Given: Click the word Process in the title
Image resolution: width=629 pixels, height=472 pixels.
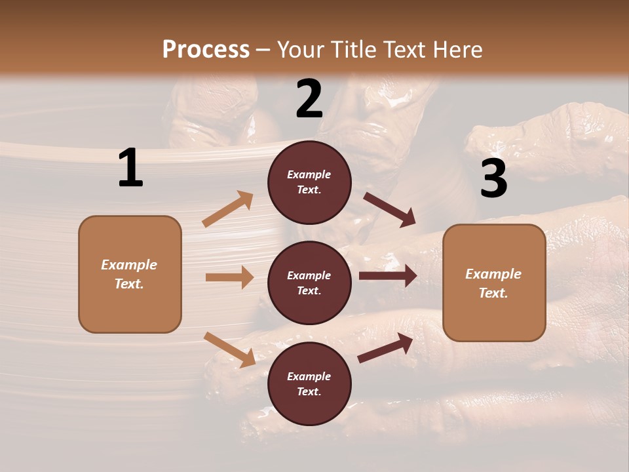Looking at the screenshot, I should (x=206, y=49).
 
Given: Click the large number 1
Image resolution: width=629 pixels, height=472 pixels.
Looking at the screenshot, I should (x=130, y=168).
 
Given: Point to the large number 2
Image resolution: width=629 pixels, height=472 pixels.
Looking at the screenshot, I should (x=309, y=99).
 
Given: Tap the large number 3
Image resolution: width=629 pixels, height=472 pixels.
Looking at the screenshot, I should (x=494, y=178).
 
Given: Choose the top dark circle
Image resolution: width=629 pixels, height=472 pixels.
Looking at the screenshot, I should (x=309, y=182).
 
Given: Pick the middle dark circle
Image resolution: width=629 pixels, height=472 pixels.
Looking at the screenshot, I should (x=309, y=283).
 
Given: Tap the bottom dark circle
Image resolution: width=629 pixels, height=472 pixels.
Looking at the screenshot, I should (x=309, y=383).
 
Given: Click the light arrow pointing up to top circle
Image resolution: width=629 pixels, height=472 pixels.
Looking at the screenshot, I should (x=228, y=209).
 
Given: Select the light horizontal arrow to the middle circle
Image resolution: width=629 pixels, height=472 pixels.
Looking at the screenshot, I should (x=229, y=277).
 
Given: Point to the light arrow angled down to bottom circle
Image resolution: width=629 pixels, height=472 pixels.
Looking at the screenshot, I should (x=229, y=349).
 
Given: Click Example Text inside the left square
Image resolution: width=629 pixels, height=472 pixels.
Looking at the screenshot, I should (x=129, y=274).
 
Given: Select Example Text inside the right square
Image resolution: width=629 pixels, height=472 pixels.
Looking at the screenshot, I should (x=493, y=283).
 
